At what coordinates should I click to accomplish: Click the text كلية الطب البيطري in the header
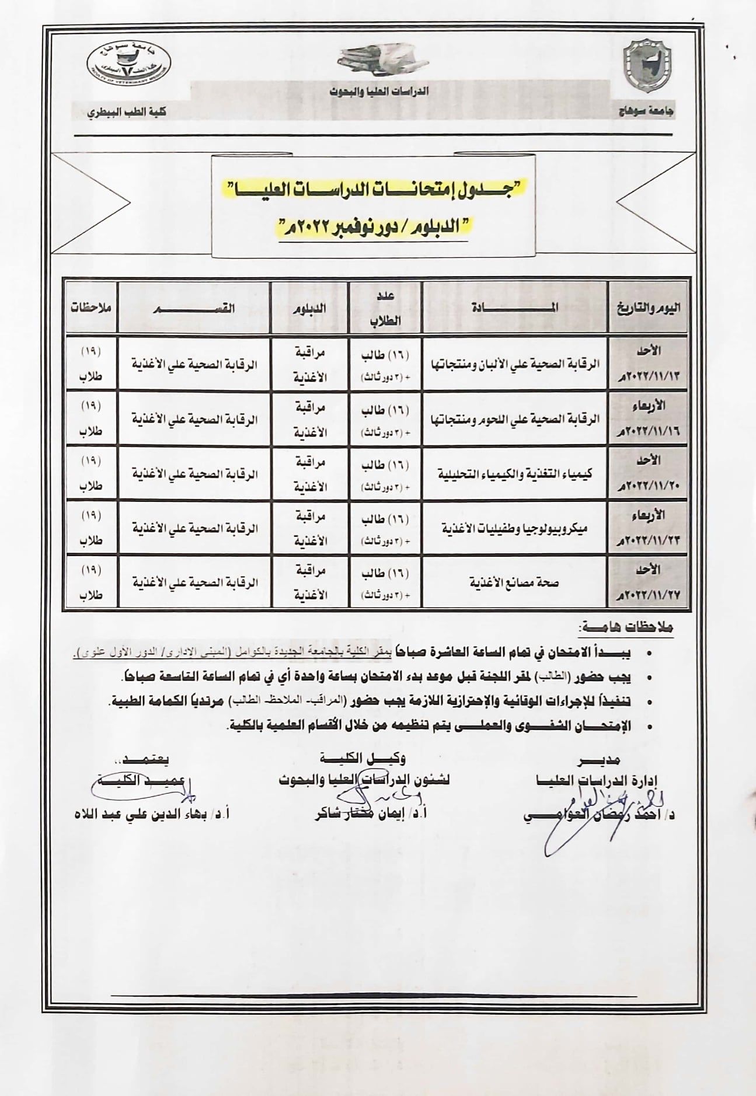click(120, 112)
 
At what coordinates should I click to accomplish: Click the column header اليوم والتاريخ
click(648, 308)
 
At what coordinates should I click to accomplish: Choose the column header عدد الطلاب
click(385, 308)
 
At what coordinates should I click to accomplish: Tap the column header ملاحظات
click(91, 308)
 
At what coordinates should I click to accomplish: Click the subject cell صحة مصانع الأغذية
click(515, 582)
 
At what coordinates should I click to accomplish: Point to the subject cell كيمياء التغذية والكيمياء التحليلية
click(515, 473)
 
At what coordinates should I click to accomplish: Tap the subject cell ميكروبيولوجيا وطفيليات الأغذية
click(515, 528)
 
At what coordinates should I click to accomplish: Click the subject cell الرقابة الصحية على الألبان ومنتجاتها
click(515, 364)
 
